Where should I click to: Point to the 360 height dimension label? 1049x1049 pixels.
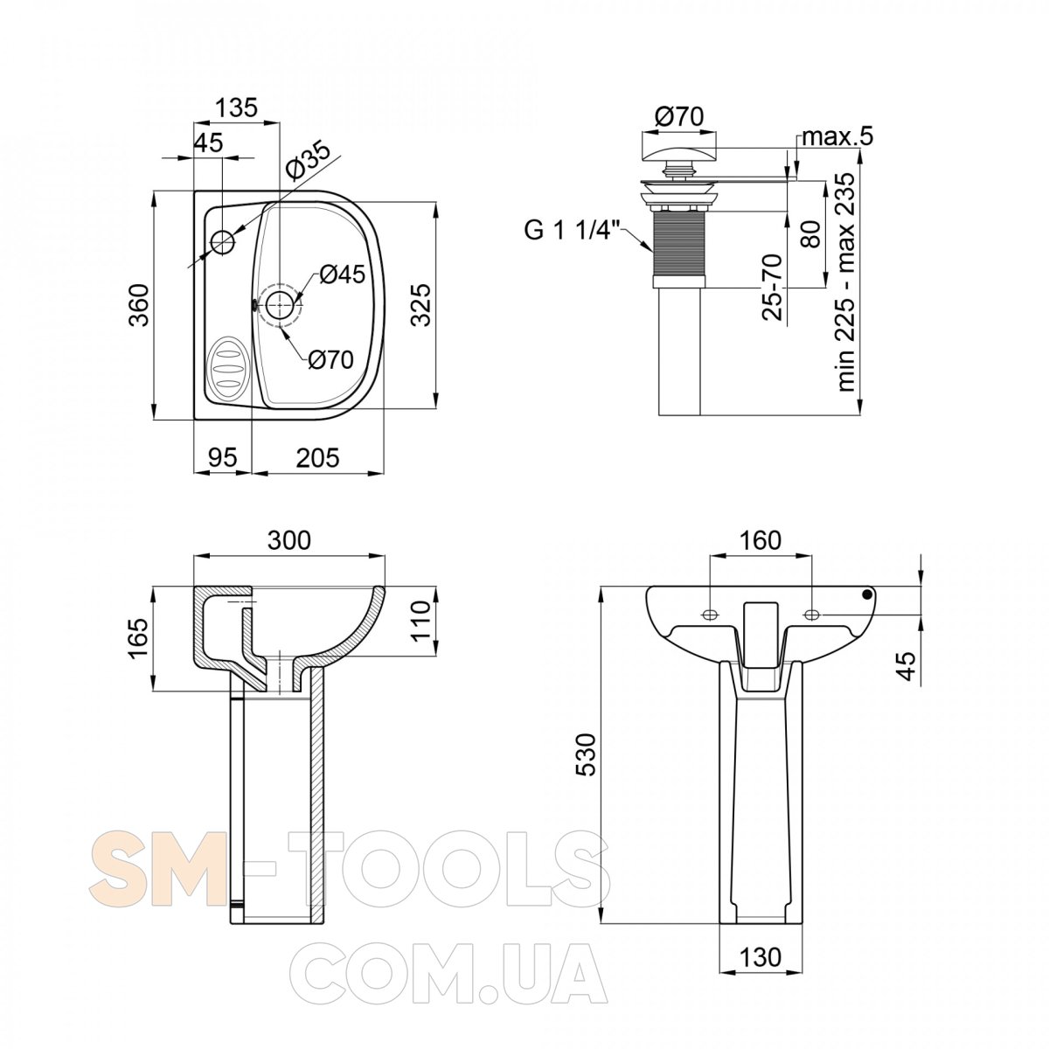pos(140,305)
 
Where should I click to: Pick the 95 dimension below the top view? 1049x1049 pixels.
pos(223,457)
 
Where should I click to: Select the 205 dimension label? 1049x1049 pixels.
pos(318,457)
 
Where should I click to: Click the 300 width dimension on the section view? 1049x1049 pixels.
pos(289,540)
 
